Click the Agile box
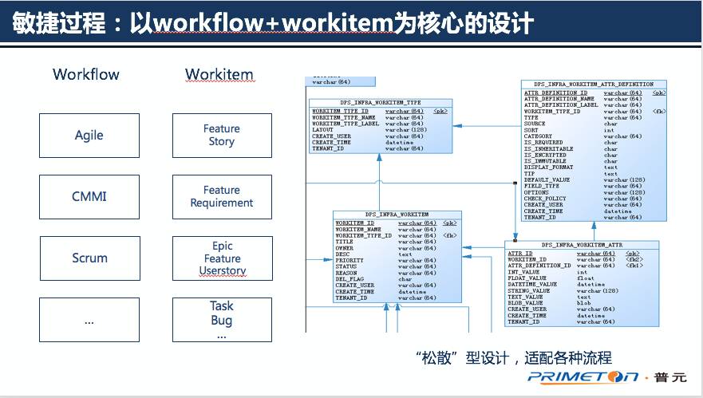tap(89, 135)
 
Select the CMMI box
tap(89, 196)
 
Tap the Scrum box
tap(89, 258)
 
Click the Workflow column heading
tap(86, 74)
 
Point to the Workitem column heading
tap(219, 74)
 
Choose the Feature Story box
tap(221, 135)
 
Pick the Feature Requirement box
tap(221, 196)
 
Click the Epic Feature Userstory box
tap(221, 258)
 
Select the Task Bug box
tap(221, 320)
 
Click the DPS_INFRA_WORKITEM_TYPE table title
tap(381, 103)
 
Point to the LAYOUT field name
tap(323, 130)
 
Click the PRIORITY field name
tap(349, 260)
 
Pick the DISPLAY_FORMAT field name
tap(548, 167)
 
